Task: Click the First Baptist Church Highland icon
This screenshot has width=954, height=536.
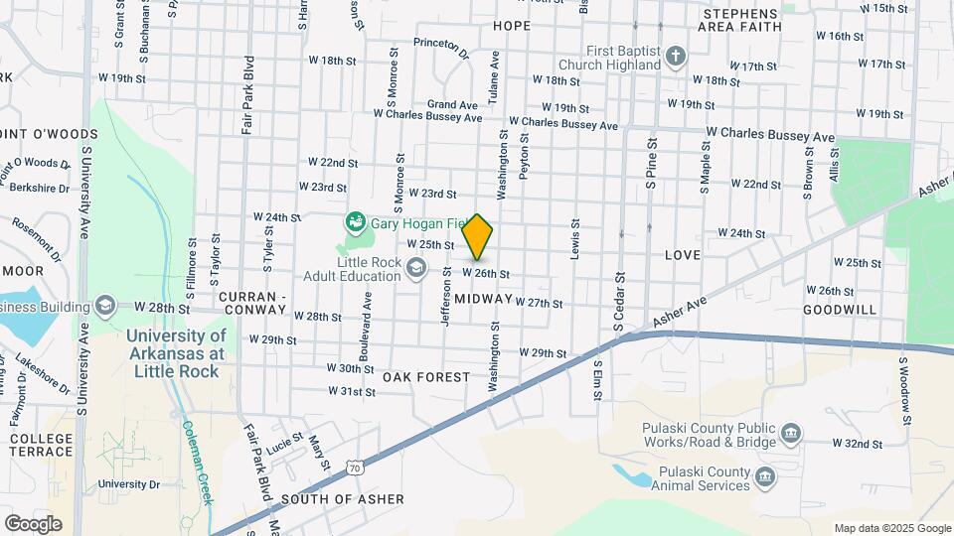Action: click(x=675, y=56)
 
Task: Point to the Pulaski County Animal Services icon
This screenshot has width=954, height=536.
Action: click(x=765, y=477)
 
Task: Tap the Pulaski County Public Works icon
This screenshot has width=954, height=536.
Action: click(x=791, y=433)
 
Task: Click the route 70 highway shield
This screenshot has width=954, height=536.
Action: click(x=355, y=467)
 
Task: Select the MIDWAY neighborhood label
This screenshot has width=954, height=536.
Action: click(x=486, y=299)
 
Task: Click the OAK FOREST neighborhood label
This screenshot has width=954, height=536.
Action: click(x=425, y=377)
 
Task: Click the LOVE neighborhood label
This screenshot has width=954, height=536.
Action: click(x=683, y=255)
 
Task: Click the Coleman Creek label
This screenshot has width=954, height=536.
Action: click(x=196, y=463)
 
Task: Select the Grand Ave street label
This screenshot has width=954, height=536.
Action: click(x=453, y=104)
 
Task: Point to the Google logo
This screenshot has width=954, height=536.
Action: click(x=33, y=523)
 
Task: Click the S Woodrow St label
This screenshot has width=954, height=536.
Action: click(x=905, y=388)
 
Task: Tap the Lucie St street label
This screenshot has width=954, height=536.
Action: click(x=283, y=438)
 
